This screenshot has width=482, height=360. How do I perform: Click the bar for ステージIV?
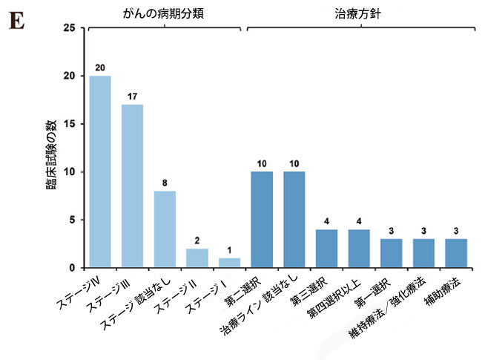click(100, 171)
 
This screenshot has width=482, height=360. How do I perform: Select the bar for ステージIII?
click(133, 186)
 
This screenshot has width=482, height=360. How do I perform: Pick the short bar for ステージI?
click(229, 263)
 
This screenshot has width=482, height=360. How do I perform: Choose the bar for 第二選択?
click(262, 220)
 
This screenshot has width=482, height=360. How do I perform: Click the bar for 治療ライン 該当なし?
click(294, 220)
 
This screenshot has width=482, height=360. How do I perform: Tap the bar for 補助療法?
click(455, 253)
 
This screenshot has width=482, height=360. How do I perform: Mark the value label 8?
click(165, 183)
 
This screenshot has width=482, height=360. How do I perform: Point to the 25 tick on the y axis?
click(70, 28)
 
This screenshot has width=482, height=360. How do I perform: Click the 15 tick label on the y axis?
click(70, 124)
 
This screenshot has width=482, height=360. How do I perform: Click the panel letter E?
click(16, 20)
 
